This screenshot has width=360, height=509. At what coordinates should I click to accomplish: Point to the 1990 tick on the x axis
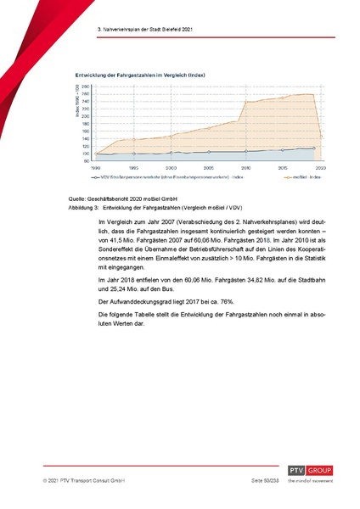(x=96, y=169)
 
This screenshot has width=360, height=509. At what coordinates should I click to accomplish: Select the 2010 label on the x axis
(x=245, y=169)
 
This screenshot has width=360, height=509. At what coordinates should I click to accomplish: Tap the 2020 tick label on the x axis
(x=321, y=169)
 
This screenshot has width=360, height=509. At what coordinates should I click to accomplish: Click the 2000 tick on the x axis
(x=171, y=169)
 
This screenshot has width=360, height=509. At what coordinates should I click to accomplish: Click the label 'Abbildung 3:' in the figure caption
(x=84, y=206)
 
